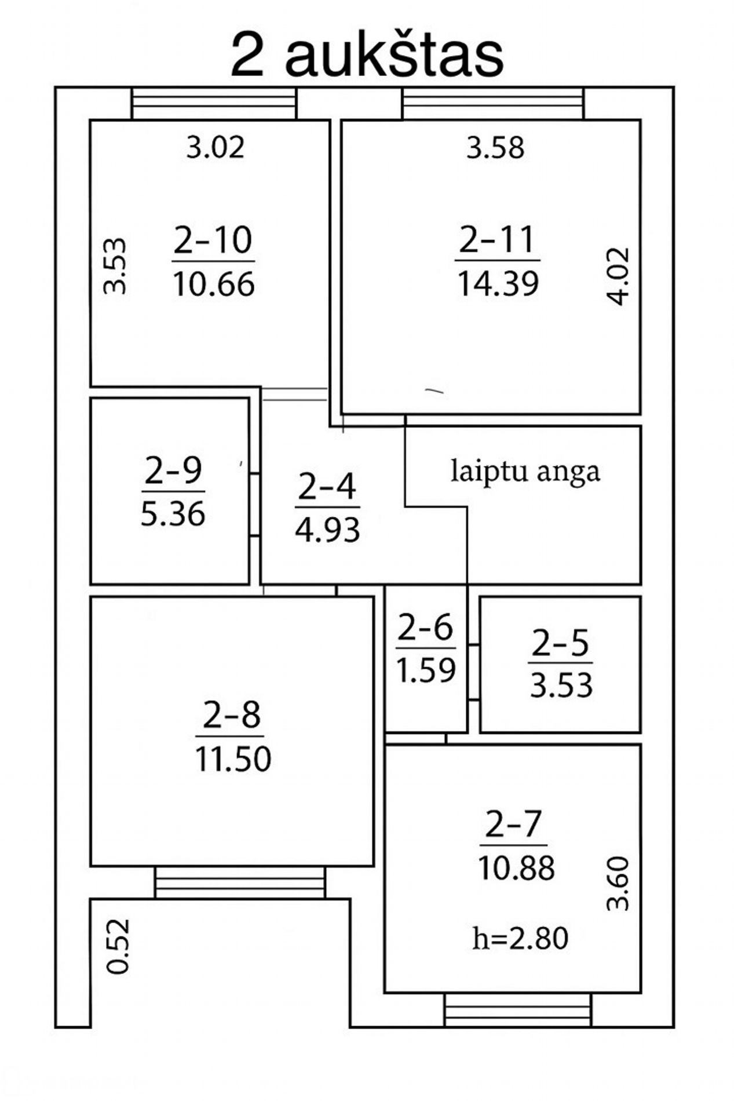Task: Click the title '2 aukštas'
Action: click(x=367, y=56)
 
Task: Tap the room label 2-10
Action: click(x=213, y=240)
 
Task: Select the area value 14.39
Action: click(x=498, y=284)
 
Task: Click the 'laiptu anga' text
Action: click(x=525, y=472)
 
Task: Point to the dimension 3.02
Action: click(x=216, y=148)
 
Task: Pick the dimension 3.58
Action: click(x=495, y=148)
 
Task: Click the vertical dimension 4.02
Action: click(x=618, y=276)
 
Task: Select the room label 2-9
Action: click(x=173, y=470)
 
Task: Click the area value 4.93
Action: click(x=327, y=530)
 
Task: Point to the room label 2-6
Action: click(x=425, y=628)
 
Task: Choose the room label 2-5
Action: click(x=561, y=643)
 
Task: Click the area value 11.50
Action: click(x=233, y=759)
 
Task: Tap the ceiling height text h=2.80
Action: click(x=520, y=938)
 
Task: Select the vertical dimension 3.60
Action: click(x=618, y=883)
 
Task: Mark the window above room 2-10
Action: click(x=214, y=104)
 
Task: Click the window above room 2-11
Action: click(x=493, y=104)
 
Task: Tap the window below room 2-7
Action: click(x=518, y=1010)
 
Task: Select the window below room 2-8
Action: click(x=240, y=883)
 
